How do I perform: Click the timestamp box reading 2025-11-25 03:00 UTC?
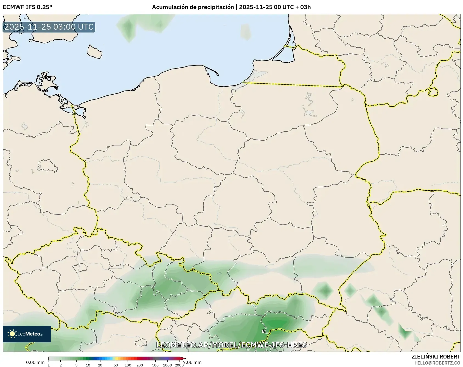point(49,27)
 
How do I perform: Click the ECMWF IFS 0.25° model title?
point(27,7)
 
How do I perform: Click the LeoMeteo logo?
point(27,334)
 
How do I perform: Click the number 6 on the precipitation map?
point(263,331)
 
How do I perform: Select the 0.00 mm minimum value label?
point(35,363)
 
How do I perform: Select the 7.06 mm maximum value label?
point(192,362)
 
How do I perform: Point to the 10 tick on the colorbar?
point(88,365)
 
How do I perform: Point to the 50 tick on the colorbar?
point(116,365)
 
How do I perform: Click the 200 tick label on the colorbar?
point(140,365)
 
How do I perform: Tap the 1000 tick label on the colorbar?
point(167,365)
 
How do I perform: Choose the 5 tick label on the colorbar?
point(76,365)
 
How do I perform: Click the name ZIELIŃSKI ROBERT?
point(436,357)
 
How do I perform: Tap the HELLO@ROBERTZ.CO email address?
point(437,363)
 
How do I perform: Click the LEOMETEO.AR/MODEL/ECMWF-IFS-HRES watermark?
point(231,345)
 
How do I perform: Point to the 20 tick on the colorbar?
point(100,365)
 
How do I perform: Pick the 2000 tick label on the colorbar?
point(179,365)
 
